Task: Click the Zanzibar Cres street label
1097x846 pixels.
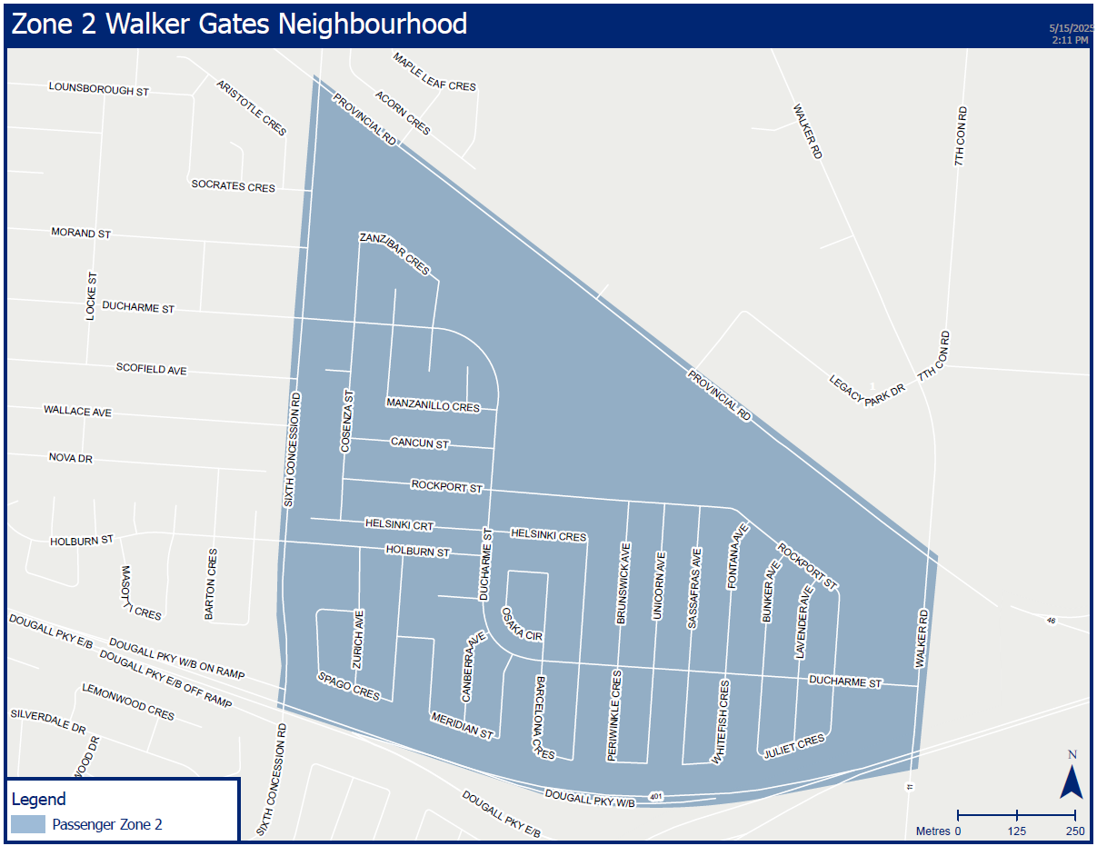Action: click(x=394, y=254)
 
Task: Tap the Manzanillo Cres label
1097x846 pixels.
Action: click(x=433, y=405)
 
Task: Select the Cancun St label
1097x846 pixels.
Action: click(x=420, y=443)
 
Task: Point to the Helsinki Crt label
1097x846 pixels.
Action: click(x=400, y=524)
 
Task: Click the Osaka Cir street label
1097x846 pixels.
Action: click(x=522, y=624)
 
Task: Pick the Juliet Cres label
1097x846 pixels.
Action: click(x=794, y=745)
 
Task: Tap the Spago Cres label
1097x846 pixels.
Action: click(x=348, y=686)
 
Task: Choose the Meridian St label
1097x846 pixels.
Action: click(x=462, y=725)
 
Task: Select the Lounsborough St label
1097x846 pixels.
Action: click(x=99, y=90)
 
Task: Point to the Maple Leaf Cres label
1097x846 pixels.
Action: click(x=434, y=72)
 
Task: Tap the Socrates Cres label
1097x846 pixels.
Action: click(x=233, y=186)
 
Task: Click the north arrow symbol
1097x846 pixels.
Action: click(x=1072, y=780)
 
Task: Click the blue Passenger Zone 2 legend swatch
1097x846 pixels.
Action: click(x=28, y=824)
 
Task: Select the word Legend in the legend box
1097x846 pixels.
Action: click(x=38, y=800)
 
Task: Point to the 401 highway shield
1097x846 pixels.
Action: click(x=656, y=796)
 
